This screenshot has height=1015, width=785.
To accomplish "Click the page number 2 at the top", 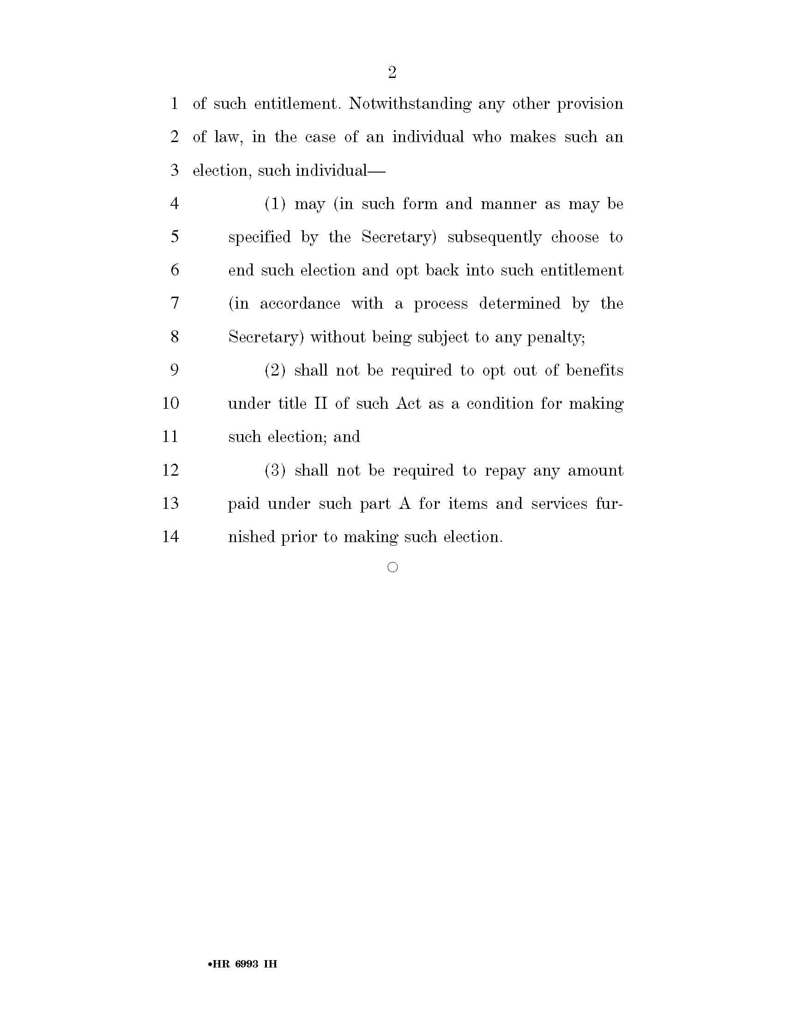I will tap(392, 72).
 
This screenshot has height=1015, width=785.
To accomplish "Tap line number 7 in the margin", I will tap(175, 303).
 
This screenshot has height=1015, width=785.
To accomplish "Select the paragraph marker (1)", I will tap(275, 203).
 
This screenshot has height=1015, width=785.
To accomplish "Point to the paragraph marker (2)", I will tap(275, 370).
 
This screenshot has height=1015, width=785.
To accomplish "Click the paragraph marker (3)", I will tap(275, 470).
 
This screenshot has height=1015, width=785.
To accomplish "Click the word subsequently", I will tap(495, 238).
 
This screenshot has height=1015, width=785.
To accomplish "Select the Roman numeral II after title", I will tap(321, 403).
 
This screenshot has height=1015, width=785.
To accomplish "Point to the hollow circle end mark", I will tap(392, 567).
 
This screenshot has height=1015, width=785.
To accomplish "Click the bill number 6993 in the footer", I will tap(247, 963).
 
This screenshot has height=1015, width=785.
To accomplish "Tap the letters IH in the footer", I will tap(270, 963).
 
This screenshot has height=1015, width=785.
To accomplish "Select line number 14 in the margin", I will tap(170, 536).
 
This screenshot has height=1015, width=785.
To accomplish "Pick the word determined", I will tap(519, 304).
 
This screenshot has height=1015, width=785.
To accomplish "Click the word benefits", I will tap(594, 370).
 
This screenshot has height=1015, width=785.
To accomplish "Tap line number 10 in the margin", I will tap(170, 403).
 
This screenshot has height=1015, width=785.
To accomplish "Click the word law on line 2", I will tap(227, 137).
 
